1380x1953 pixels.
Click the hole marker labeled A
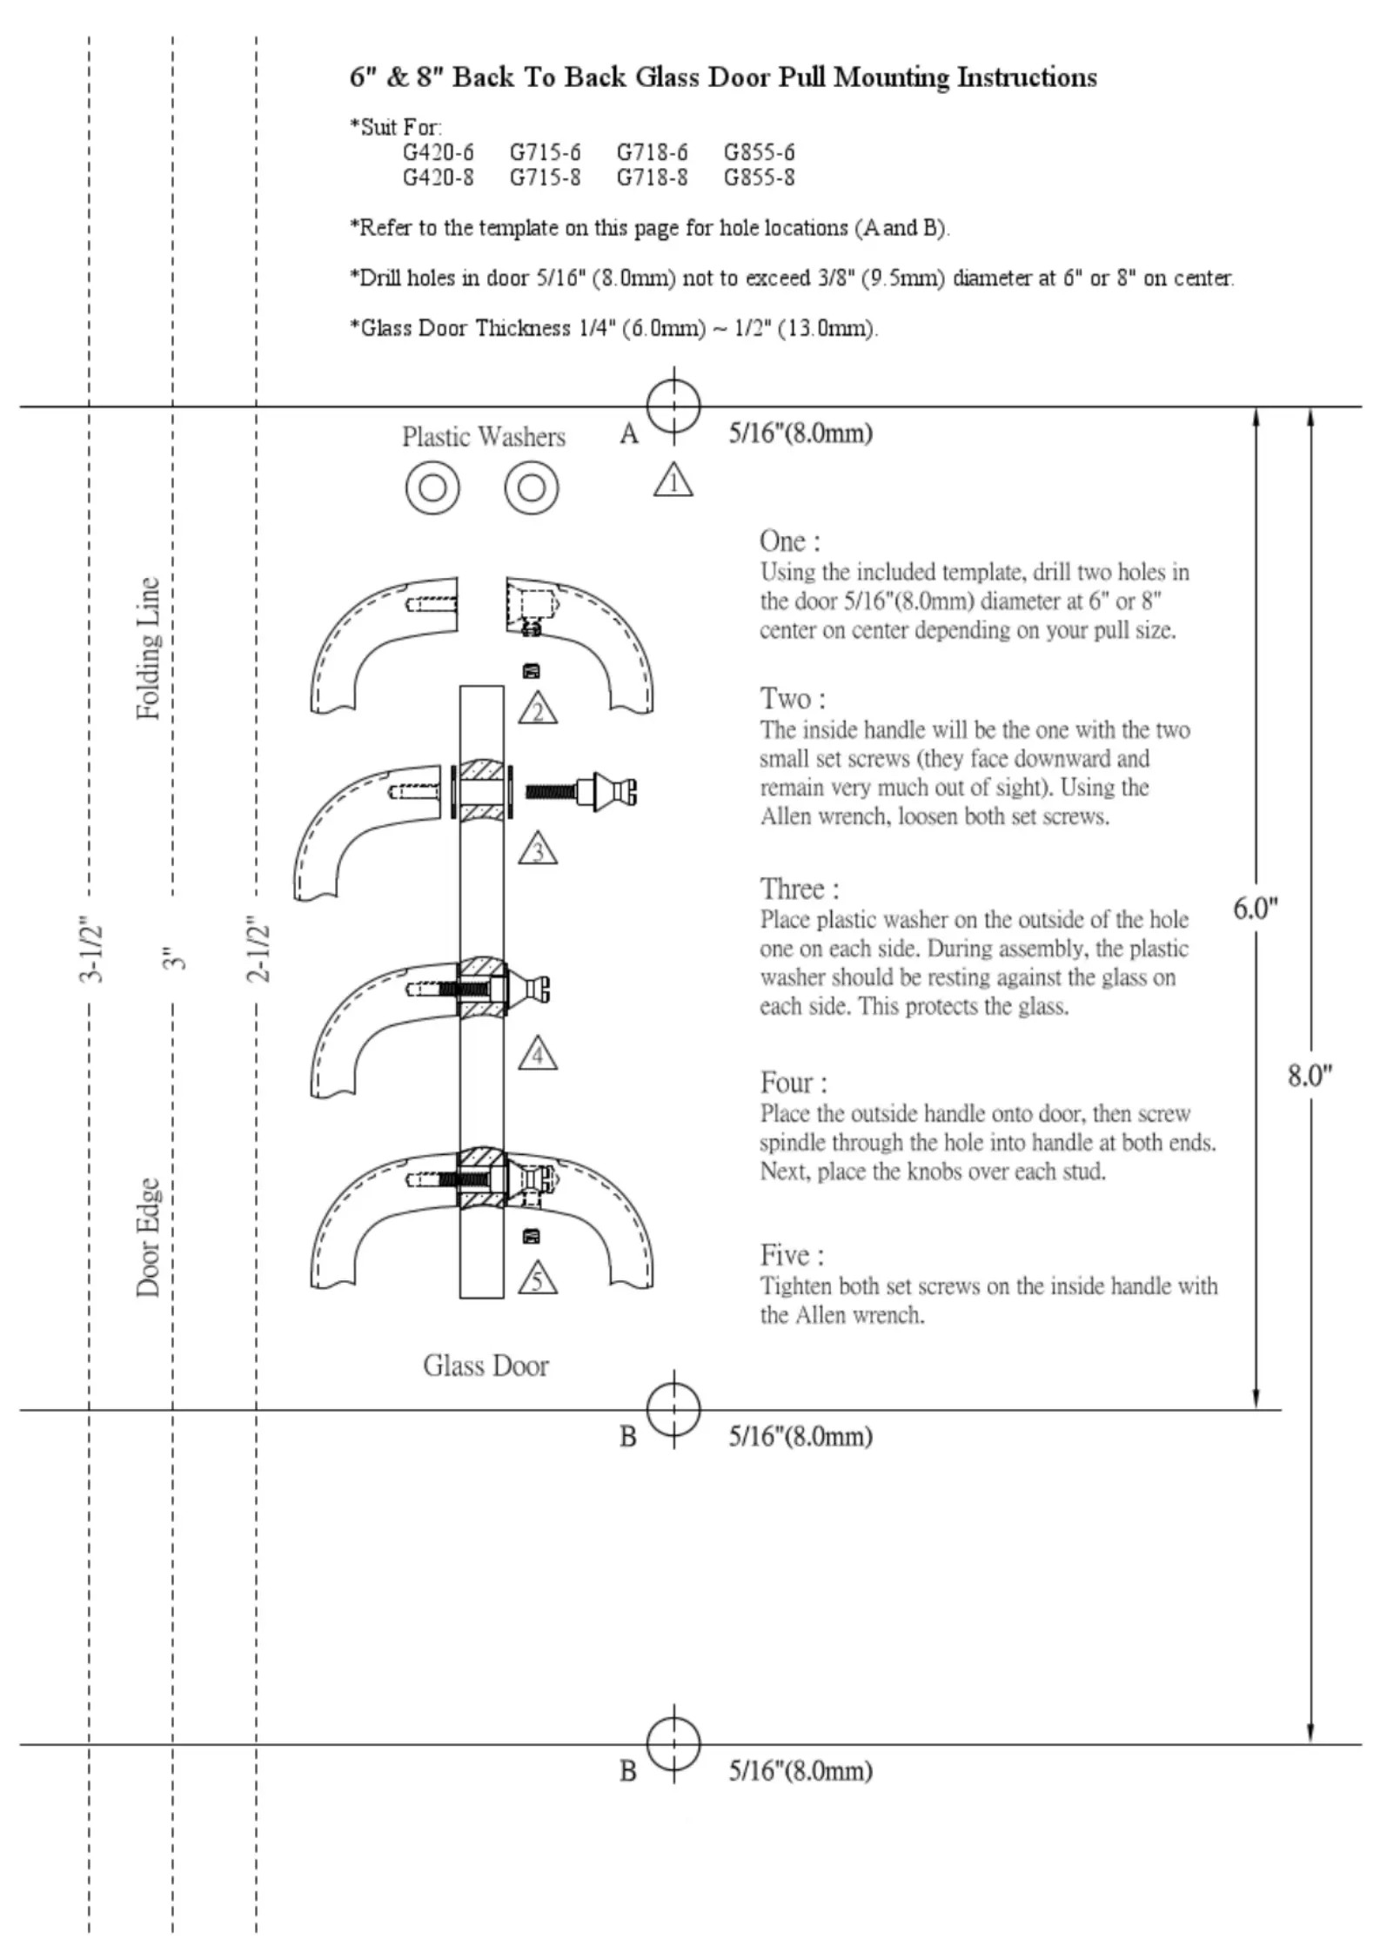click(673, 406)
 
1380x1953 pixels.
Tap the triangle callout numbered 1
click(673, 481)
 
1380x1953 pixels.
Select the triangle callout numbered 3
click(538, 849)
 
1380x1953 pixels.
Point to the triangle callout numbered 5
click(538, 1279)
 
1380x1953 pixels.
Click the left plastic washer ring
click(432, 487)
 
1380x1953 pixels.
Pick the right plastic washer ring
click(532, 487)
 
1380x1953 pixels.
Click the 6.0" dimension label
click(1255, 909)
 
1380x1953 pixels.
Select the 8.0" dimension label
click(1310, 1076)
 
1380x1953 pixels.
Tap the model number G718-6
click(652, 152)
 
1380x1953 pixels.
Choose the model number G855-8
click(759, 178)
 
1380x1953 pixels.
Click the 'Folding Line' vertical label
click(149, 648)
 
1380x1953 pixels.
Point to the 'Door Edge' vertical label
click(149, 1238)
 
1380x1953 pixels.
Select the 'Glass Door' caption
click(486, 1366)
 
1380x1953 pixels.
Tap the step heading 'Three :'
click(800, 889)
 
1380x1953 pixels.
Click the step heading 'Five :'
click(792, 1255)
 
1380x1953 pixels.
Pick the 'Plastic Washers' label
click(483, 436)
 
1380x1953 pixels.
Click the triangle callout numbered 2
click(538, 710)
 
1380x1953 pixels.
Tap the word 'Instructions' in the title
click(1027, 77)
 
